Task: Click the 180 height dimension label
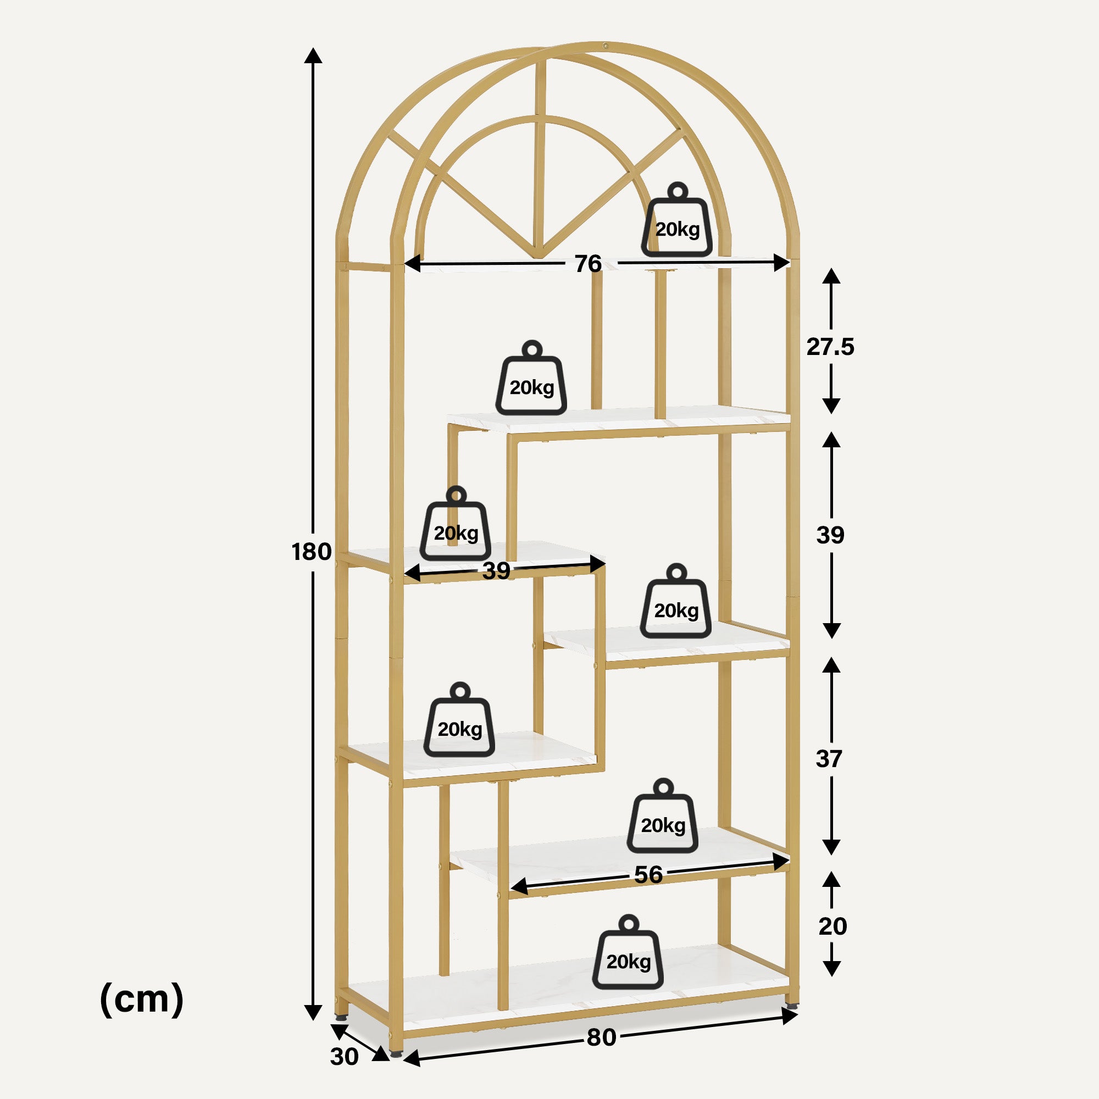point(311,551)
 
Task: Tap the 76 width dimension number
point(587,263)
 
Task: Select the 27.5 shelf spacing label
point(830,346)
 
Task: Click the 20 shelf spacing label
point(832,926)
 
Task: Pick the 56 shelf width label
point(648,874)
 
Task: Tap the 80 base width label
point(601,1037)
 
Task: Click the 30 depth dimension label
point(344,1056)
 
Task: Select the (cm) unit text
point(142,999)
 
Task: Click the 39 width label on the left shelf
point(496,570)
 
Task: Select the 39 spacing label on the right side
point(830,535)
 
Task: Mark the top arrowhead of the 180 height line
point(313,55)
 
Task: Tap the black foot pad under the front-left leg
point(397,1053)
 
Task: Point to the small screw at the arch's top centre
point(605,46)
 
